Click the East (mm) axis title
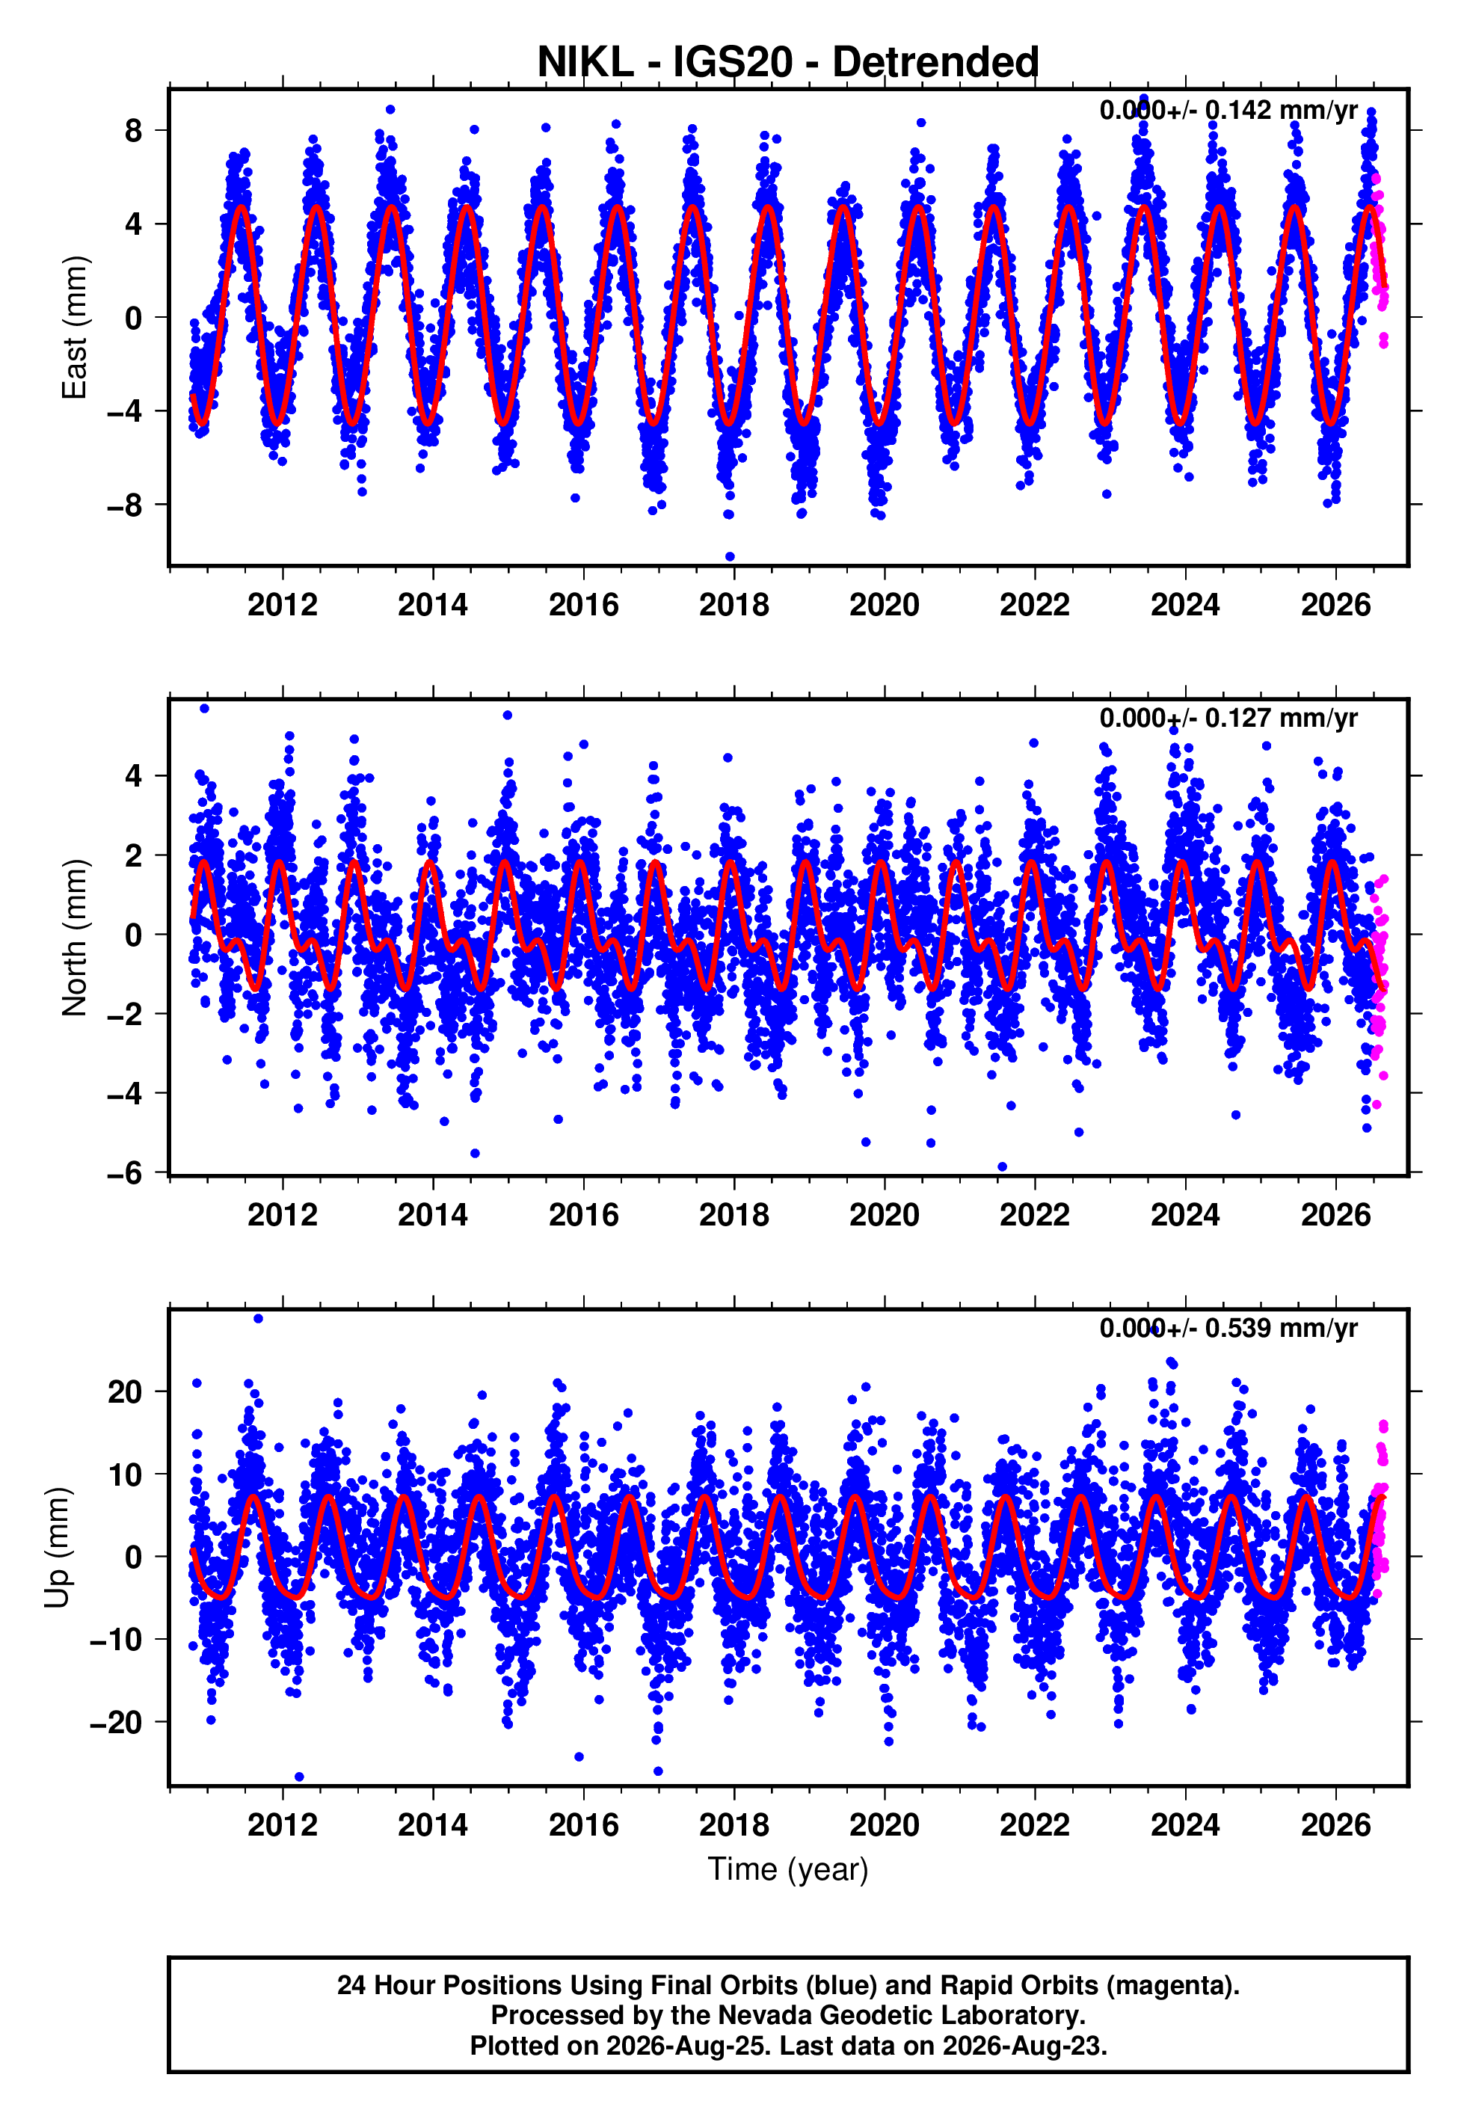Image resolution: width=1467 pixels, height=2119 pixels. point(75,327)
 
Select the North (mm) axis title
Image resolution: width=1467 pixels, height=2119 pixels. point(75,938)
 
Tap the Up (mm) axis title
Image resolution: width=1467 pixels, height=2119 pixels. point(57,1548)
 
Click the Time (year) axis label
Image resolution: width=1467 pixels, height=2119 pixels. point(788,1869)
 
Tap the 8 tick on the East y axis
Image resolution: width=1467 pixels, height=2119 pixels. point(134,131)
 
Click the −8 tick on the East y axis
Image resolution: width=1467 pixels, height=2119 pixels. point(125,505)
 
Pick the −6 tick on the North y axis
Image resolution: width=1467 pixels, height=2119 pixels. point(125,1172)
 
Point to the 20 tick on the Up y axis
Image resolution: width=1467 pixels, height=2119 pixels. point(125,1392)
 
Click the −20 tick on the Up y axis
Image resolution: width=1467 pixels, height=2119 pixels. point(116,1722)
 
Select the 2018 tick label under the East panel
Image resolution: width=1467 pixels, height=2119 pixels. point(733,605)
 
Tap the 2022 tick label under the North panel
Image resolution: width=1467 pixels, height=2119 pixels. point(1035,1215)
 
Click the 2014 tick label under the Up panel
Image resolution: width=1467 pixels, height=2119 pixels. point(433,1824)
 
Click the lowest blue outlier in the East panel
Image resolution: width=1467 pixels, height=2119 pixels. point(730,556)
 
